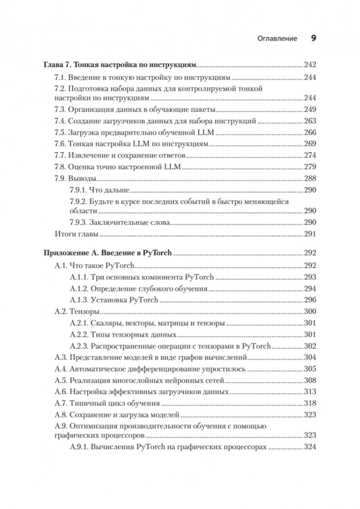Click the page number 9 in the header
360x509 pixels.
pyautogui.click(x=314, y=38)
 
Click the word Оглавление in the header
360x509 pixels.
pyautogui.click(x=277, y=39)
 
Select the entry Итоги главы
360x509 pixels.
pyautogui.click(x=71, y=234)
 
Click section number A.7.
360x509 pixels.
pyautogui.click(x=60, y=403)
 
